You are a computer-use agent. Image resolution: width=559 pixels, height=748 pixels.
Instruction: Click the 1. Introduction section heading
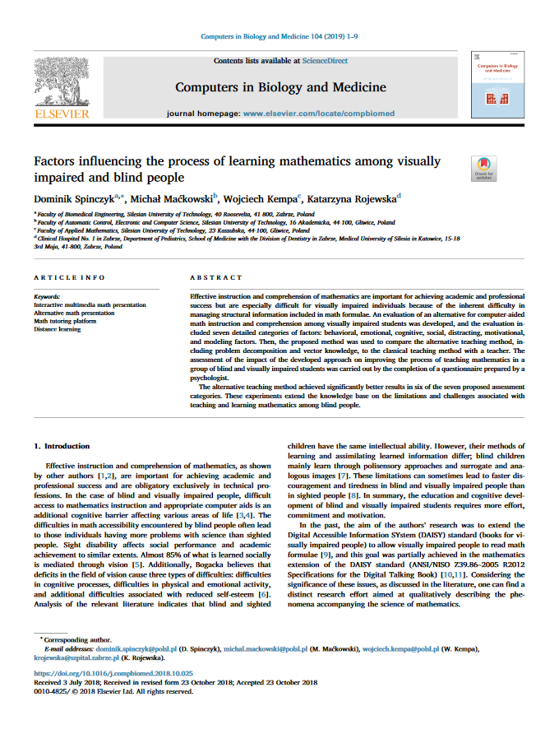click(62, 446)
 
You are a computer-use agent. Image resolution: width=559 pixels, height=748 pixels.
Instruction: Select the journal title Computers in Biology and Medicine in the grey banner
click(279, 87)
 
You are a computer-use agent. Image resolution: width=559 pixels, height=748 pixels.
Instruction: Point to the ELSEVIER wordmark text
click(62, 114)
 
